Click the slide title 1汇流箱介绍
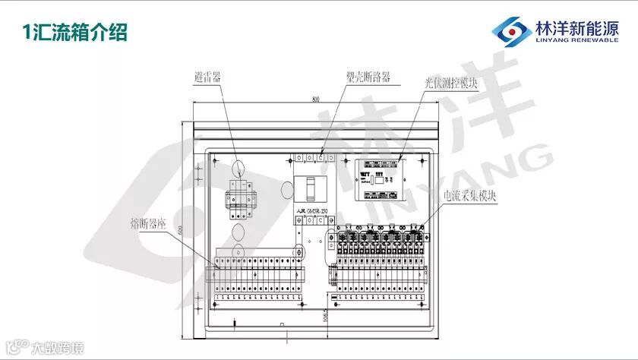point(74,33)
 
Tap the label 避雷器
point(207,77)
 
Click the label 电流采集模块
point(471,195)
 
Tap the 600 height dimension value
point(180,230)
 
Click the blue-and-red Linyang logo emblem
point(510,31)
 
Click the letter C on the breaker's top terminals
point(321,157)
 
